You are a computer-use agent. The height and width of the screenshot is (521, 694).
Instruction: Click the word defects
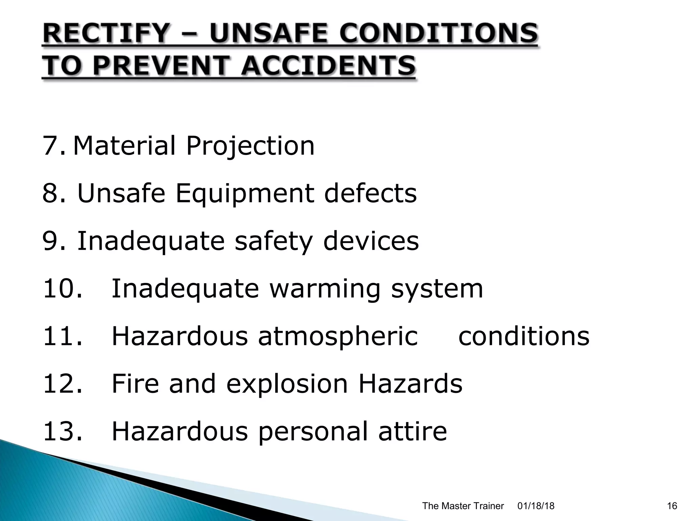[x=370, y=193]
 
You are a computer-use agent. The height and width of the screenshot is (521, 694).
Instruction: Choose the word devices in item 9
[x=371, y=241]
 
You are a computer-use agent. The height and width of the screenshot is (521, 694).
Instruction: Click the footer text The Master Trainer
[x=463, y=506]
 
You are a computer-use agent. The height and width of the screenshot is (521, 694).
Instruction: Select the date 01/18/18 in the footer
[x=536, y=506]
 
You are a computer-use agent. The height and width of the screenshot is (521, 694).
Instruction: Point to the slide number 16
[x=672, y=506]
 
